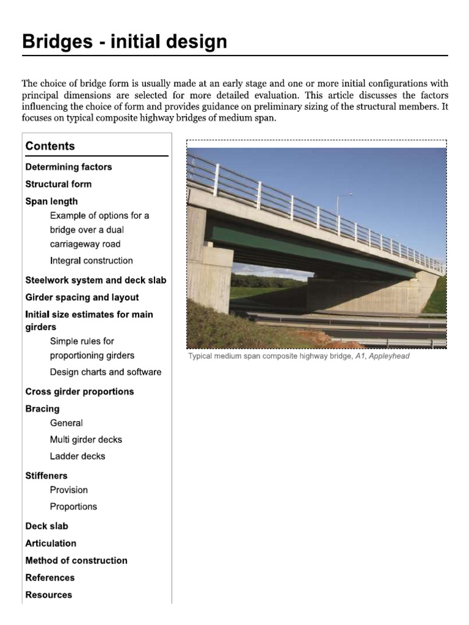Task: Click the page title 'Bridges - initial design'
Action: [125, 42]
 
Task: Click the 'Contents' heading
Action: [50, 146]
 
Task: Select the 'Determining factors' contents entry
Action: [68, 167]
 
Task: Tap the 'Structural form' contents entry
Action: [58, 184]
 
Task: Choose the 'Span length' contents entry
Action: [51, 201]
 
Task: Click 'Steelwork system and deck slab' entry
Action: [95, 280]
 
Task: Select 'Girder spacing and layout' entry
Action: [82, 297]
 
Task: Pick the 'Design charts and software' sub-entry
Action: [106, 372]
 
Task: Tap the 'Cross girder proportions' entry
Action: [79, 391]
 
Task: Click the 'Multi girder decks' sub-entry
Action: [85, 439]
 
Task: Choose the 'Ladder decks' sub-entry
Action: [77, 456]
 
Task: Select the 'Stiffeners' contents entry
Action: [46, 475]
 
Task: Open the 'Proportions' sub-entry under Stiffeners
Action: [73, 507]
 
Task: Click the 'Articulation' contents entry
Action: [51, 543]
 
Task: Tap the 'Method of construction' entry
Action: [76, 560]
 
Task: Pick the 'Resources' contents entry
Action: [48, 594]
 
